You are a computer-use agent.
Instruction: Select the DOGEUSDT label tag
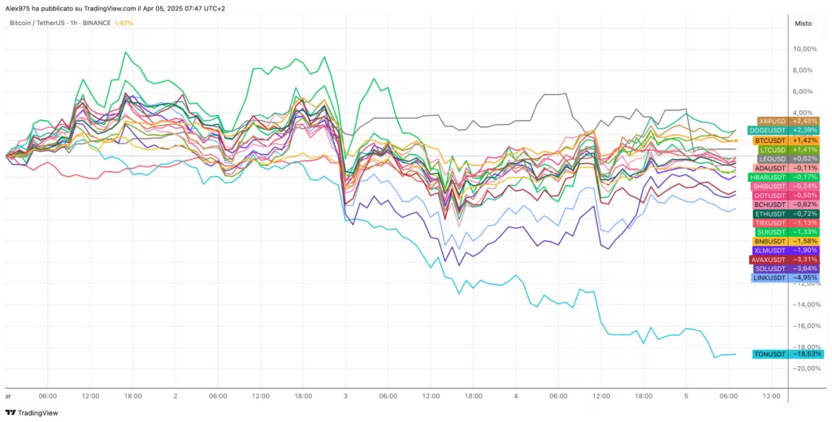[783, 131]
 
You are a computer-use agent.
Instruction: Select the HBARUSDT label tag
[784, 177]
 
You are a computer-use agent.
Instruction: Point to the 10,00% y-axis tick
[804, 49]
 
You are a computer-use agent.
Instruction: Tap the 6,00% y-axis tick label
[805, 91]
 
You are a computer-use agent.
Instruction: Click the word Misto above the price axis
[802, 24]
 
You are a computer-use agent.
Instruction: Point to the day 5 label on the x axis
[687, 396]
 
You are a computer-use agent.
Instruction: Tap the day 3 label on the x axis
[346, 396]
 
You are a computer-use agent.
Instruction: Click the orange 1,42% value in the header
[124, 23]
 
